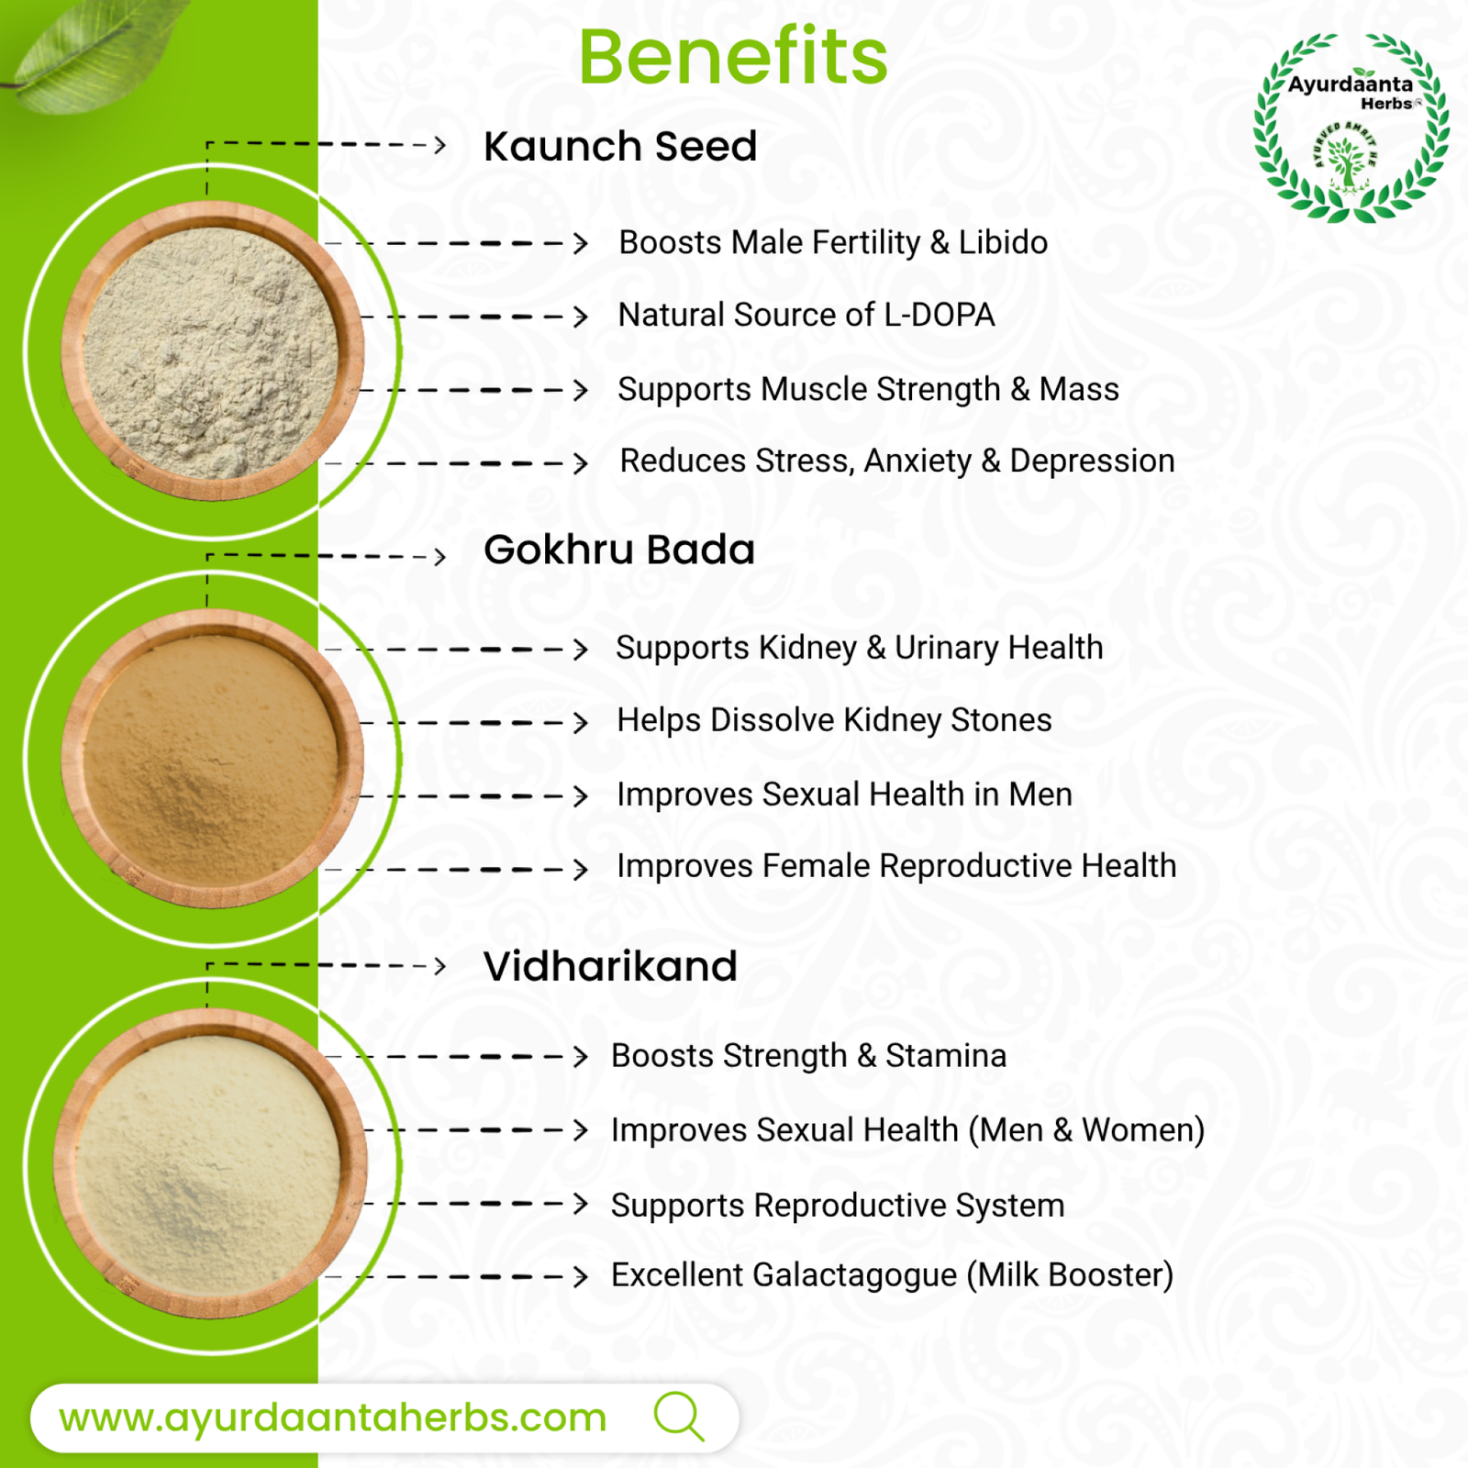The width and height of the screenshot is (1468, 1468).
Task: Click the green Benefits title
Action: (x=733, y=57)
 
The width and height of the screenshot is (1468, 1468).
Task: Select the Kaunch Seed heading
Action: (x=620, y=146)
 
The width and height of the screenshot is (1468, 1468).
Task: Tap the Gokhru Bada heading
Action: (x=619, y=550)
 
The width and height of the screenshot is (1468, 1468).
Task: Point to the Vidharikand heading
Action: (x=610, y=966)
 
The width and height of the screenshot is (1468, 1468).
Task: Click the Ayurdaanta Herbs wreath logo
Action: (x=1351, y=128)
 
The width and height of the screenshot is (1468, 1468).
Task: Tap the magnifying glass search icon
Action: (x=679, y=1416)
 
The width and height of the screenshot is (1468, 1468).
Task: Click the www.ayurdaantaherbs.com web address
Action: (x=332, y=1418)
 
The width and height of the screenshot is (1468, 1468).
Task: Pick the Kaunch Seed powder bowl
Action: (x=213, y=351)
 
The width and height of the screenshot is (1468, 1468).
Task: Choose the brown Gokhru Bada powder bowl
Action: (x=213, y=759)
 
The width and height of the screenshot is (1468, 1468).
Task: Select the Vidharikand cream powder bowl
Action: (x=211, y=1163)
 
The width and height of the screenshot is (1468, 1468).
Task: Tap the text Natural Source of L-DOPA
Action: (x=806, y=315)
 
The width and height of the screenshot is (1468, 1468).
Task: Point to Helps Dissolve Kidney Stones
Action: (x=834, y=720)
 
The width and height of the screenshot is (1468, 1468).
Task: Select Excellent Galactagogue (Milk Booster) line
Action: (x=893, y=1275)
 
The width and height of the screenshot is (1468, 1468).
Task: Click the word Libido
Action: (x=1003, y=242)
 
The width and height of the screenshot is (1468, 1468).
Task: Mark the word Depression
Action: (x=1092, y=461)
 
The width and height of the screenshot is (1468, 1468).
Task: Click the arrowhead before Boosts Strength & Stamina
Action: (x=580, y=1056)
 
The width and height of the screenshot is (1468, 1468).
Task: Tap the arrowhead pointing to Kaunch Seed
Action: (x=439, y=145)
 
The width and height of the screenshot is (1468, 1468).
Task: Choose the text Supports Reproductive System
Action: (x=838, y=1205)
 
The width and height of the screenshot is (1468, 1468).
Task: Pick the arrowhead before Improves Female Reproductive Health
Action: (x=580, y=869)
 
